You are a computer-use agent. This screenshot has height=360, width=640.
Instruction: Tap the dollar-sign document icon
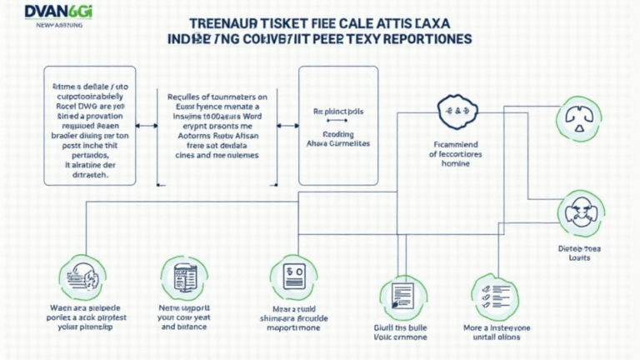pyautogui.click(x=292, y=276)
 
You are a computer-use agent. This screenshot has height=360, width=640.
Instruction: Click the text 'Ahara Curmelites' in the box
pyautogui.click(x=339, y=143)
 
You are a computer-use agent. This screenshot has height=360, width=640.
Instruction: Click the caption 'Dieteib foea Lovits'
pyautogui.click(x=578, y=253)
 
